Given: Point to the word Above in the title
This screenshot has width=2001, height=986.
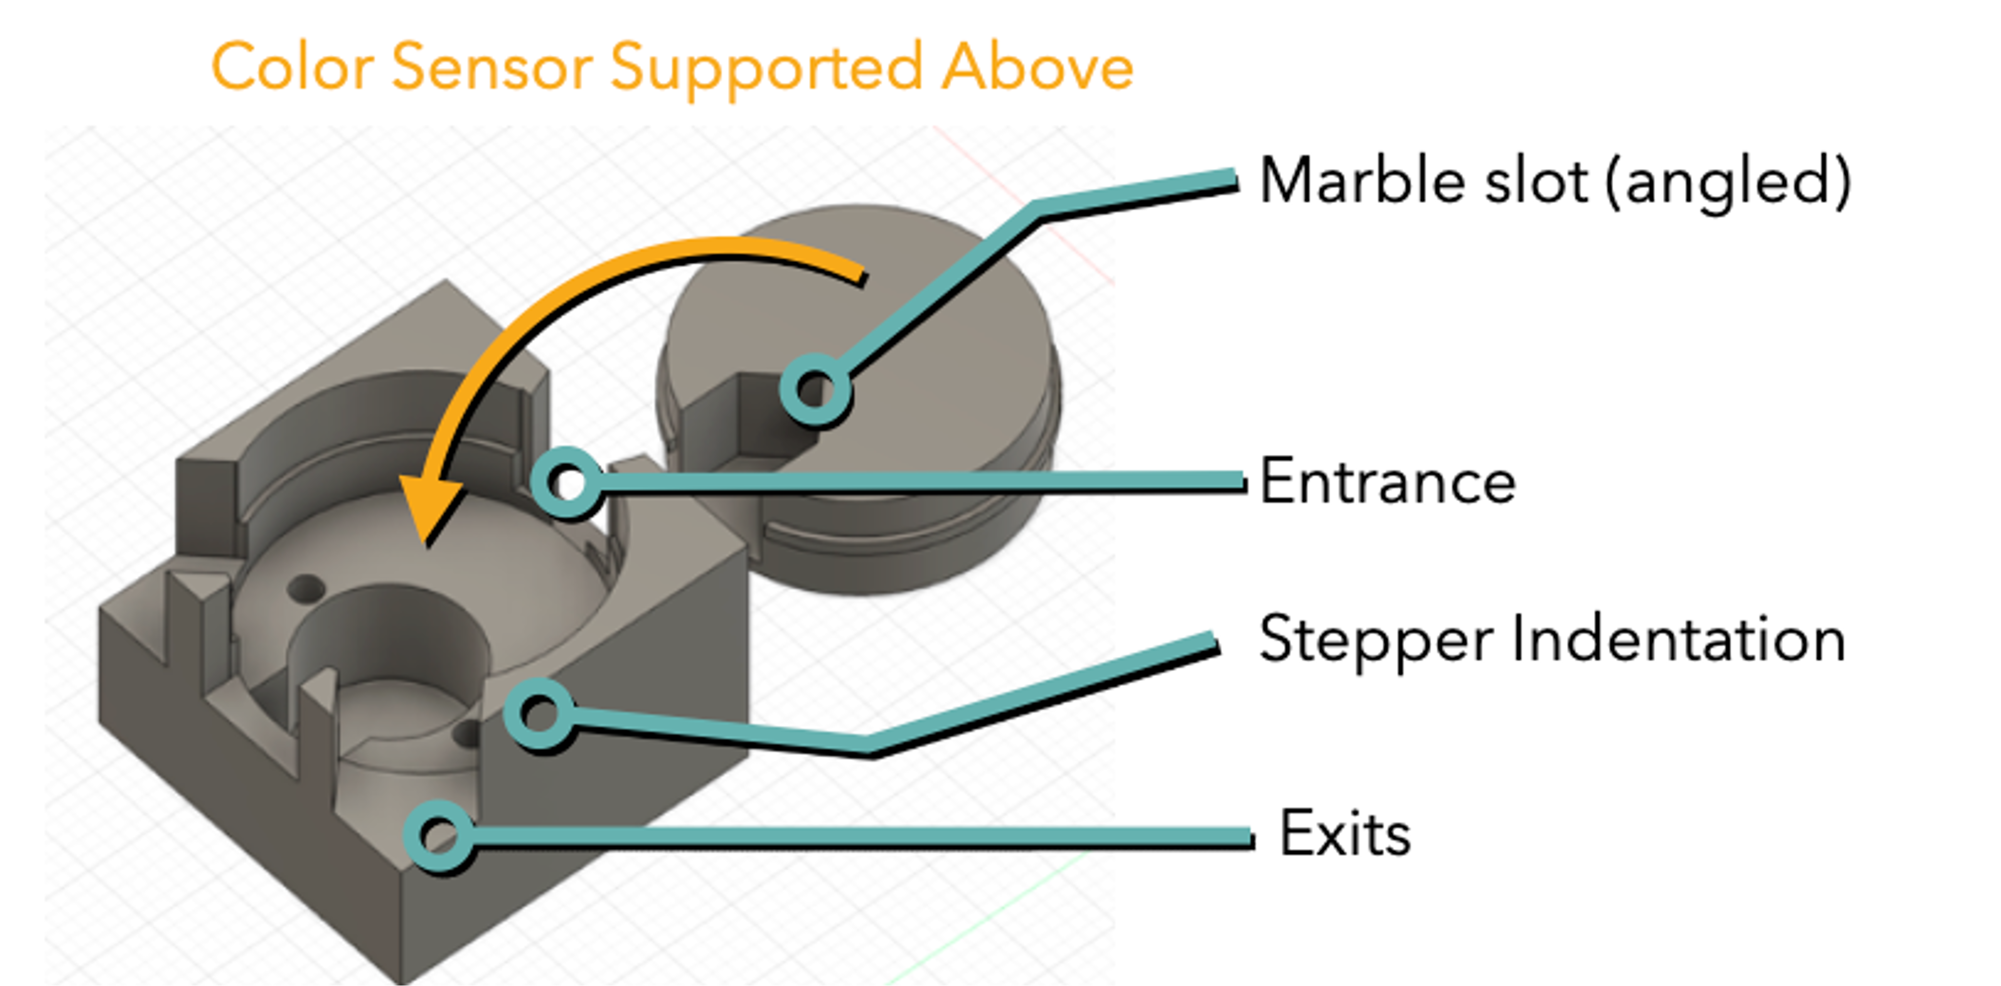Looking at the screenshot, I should (1037, 68).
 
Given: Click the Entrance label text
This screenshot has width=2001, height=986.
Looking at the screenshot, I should (1387, 482).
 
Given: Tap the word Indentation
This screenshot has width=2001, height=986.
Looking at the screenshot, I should (1678, 640).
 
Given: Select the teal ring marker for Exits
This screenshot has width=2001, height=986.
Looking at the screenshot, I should (439, 835).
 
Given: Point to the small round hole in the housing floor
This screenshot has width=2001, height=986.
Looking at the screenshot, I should (306, 588).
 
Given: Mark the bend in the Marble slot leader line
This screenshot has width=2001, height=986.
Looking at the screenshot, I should (1038, 210).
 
